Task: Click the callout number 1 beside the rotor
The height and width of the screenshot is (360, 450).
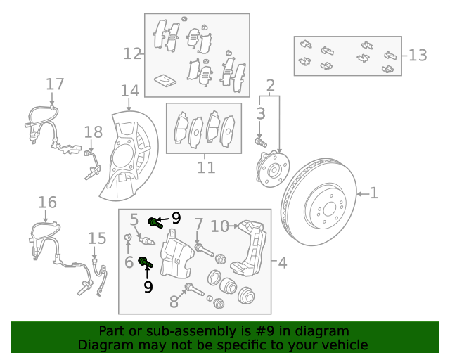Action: coord(374,193)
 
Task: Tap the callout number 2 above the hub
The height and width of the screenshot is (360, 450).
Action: coord(270,86)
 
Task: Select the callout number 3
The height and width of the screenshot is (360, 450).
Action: coord(261,113)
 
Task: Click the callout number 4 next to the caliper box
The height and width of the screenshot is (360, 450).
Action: coord(282,264)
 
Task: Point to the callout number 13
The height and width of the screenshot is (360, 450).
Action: coord(418,56)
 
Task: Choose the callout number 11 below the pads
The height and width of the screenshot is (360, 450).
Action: coord(205,168)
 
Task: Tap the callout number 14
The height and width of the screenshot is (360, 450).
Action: coord(130,91)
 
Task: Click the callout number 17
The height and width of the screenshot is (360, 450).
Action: coord(55,85)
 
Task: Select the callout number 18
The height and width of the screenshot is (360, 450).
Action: coord(93,132)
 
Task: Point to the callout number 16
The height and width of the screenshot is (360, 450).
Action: coord(47,203)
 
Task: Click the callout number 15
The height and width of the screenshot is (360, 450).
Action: coord(97,239)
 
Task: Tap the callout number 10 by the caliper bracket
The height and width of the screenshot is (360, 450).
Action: coord(219,226)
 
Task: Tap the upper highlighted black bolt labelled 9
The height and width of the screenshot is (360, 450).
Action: coord(155,224)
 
